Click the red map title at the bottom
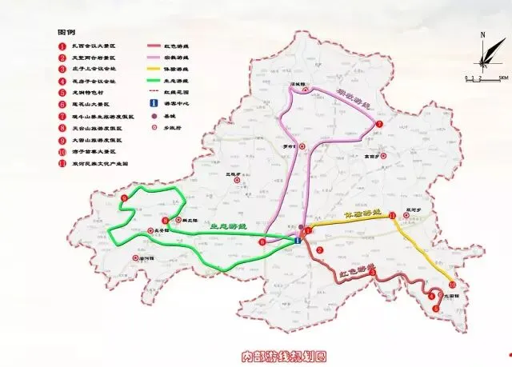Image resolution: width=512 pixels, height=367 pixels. pyautogui.click(x=286, y=354)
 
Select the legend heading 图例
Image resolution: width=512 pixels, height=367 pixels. pyautogui.click(x=66, y=33)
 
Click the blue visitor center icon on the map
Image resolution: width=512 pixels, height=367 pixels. pyautogui.click(x=298, y=240)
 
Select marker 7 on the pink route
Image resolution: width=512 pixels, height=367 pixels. pyautogui.click(x=380, y=125)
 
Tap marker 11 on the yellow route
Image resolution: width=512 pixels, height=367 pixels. pyautogui.click(x=392, y=216)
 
